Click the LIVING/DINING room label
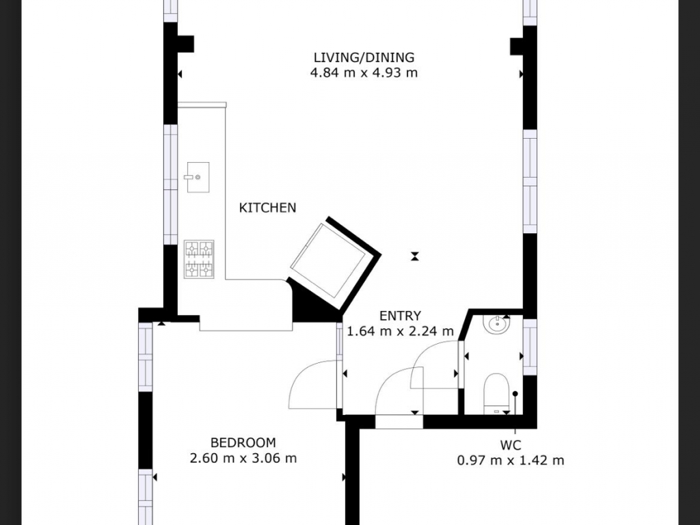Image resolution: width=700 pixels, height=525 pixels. tap(364, 57)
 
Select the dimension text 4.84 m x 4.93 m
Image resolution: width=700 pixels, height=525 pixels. tap(364, 72)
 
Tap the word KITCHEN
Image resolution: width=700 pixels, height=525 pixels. tap(267, 208)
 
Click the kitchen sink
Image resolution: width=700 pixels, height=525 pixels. tap(198, 177)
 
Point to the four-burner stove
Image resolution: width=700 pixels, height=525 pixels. tap(199, 259)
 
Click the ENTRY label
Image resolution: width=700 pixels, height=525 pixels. tap(400, 316)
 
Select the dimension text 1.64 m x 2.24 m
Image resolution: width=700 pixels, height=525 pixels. tap(400, 332)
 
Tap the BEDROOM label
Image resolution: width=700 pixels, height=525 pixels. tap(243, 443)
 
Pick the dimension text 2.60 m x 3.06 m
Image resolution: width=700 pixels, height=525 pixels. tap(243, 459)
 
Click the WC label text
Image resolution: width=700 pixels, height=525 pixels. tap(510, 445)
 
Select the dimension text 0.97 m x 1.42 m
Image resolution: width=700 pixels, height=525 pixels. tap(510, 460)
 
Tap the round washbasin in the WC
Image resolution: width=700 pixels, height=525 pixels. tap(496, 325)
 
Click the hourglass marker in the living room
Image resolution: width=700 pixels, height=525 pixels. tap(415, 256)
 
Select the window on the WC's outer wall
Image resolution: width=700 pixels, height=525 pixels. tap(530, 347)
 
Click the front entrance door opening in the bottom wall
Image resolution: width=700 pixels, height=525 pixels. tap(399, 422)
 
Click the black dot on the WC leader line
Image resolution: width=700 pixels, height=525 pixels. tap(515, 394)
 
